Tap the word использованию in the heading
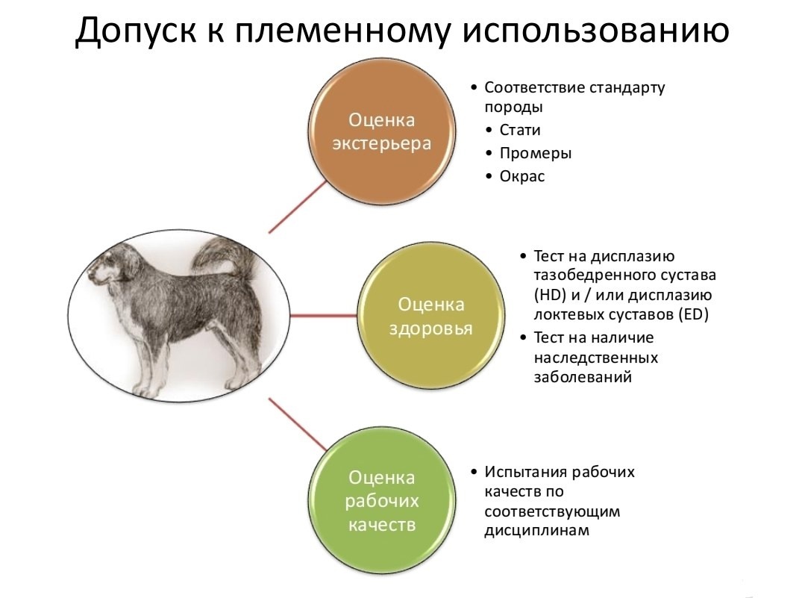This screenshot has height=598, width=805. click(x=596, y=31)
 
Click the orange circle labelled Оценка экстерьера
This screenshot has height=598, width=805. click(x=381, y=131)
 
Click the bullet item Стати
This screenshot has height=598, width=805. click(x=519, y=130)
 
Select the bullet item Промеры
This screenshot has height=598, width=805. click(x=536, y=153)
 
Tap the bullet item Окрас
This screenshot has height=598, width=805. click(x=522, y=176)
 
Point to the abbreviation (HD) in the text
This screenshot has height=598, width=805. click(x=550, y=296)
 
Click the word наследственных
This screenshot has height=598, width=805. click(x=595, y=358)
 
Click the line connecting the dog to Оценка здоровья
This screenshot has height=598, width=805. click(x=324, y=316)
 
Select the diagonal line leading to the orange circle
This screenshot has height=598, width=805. click(x=298, y=206)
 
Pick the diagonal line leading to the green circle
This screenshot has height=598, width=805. click(x=298, y=424)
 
